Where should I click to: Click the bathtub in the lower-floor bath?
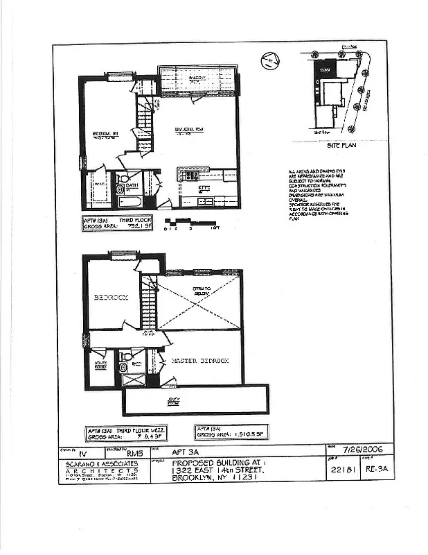pos(130,202)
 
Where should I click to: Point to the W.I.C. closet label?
pos(98,185)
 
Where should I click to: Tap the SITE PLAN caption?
pos(340,147)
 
